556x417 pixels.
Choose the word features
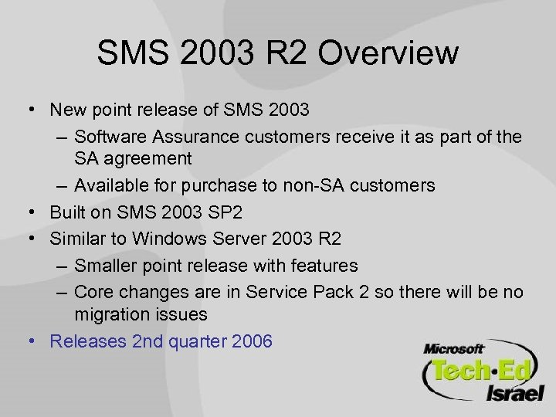(325, 266)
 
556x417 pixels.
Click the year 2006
(251, 340)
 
